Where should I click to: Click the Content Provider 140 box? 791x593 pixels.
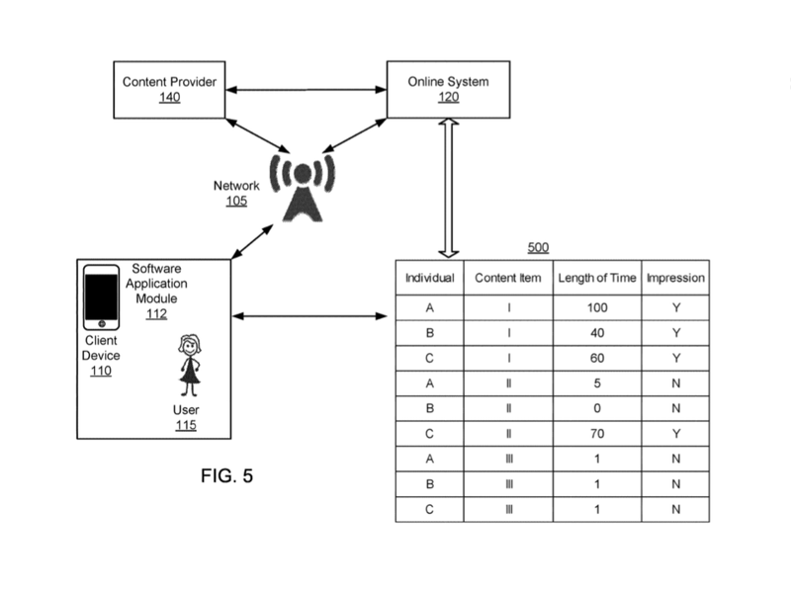169,88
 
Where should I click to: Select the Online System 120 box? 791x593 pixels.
448,88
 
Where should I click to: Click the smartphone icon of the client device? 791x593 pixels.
101,297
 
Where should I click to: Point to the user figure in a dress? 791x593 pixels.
188,363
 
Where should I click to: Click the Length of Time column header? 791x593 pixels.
595,278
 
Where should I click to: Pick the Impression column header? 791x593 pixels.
675,278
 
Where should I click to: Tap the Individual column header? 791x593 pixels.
430,278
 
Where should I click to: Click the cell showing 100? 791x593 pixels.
595,308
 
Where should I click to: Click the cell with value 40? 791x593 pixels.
595,333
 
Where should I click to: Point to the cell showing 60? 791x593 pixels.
595,357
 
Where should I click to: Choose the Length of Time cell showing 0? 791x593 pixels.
595,406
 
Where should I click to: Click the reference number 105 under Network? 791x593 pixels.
235,201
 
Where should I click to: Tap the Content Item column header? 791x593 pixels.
507,278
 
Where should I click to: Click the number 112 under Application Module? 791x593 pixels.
155,314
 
